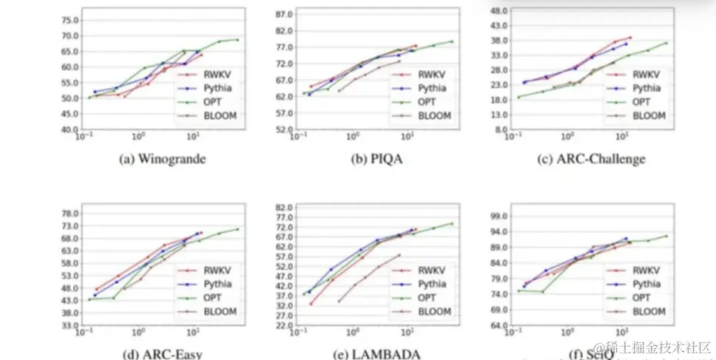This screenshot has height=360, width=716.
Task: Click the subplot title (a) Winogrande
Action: coord(162,159)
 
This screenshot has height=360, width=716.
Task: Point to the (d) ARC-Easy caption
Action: coord(163,354)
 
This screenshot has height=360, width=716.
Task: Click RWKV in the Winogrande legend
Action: coord(209,74)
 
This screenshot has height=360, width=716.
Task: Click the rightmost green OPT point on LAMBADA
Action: coord(452,223)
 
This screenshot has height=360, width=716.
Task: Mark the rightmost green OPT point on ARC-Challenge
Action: coord(666,43)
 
